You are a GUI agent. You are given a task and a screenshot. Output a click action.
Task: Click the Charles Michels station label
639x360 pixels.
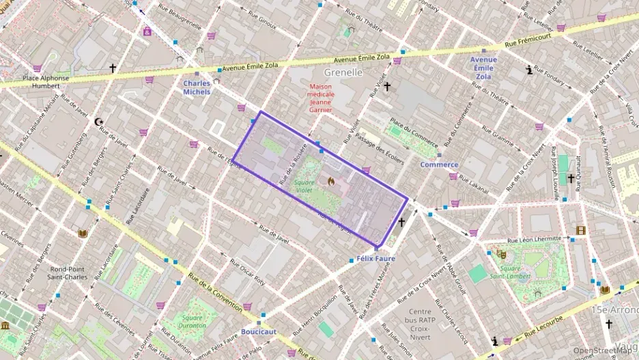click(197, 87)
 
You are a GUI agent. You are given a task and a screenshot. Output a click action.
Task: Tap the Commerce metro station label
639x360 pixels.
click(439, 165)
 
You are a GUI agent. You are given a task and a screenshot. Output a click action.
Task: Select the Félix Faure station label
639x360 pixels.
click(375, 260)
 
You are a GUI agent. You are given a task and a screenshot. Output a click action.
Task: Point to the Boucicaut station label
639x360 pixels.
click(258, 331)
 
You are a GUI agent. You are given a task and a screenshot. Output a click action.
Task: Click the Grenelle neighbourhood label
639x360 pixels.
click(343, 72)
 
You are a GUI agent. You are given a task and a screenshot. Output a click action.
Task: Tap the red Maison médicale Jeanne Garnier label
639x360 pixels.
click(321, 98)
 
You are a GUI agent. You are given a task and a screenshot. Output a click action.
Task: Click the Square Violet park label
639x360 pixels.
click(304, 186)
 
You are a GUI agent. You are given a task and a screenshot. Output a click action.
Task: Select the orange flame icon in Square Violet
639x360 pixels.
click(330, 182)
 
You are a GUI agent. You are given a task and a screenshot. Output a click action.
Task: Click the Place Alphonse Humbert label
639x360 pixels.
click(46, 82)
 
